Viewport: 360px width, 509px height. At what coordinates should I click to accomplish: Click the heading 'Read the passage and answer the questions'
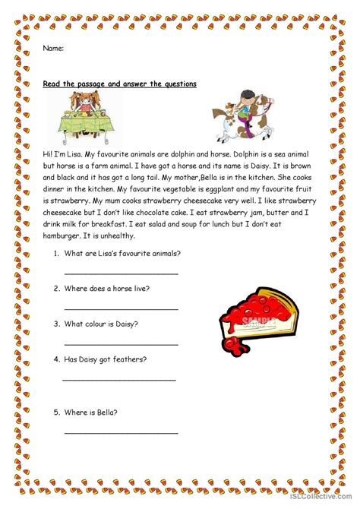point(120,84)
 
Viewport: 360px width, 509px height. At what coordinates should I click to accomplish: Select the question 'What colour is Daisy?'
point(110,323)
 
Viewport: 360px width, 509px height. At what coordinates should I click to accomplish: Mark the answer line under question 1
point(122,273)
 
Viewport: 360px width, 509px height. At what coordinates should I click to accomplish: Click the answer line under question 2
point(122,308)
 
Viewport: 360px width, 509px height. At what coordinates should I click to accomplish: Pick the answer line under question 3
point(122,343)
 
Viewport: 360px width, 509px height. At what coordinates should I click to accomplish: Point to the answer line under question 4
point(119,379)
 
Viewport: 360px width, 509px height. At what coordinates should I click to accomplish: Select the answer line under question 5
point(122,433)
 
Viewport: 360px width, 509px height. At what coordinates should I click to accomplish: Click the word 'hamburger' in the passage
point(65,236)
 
